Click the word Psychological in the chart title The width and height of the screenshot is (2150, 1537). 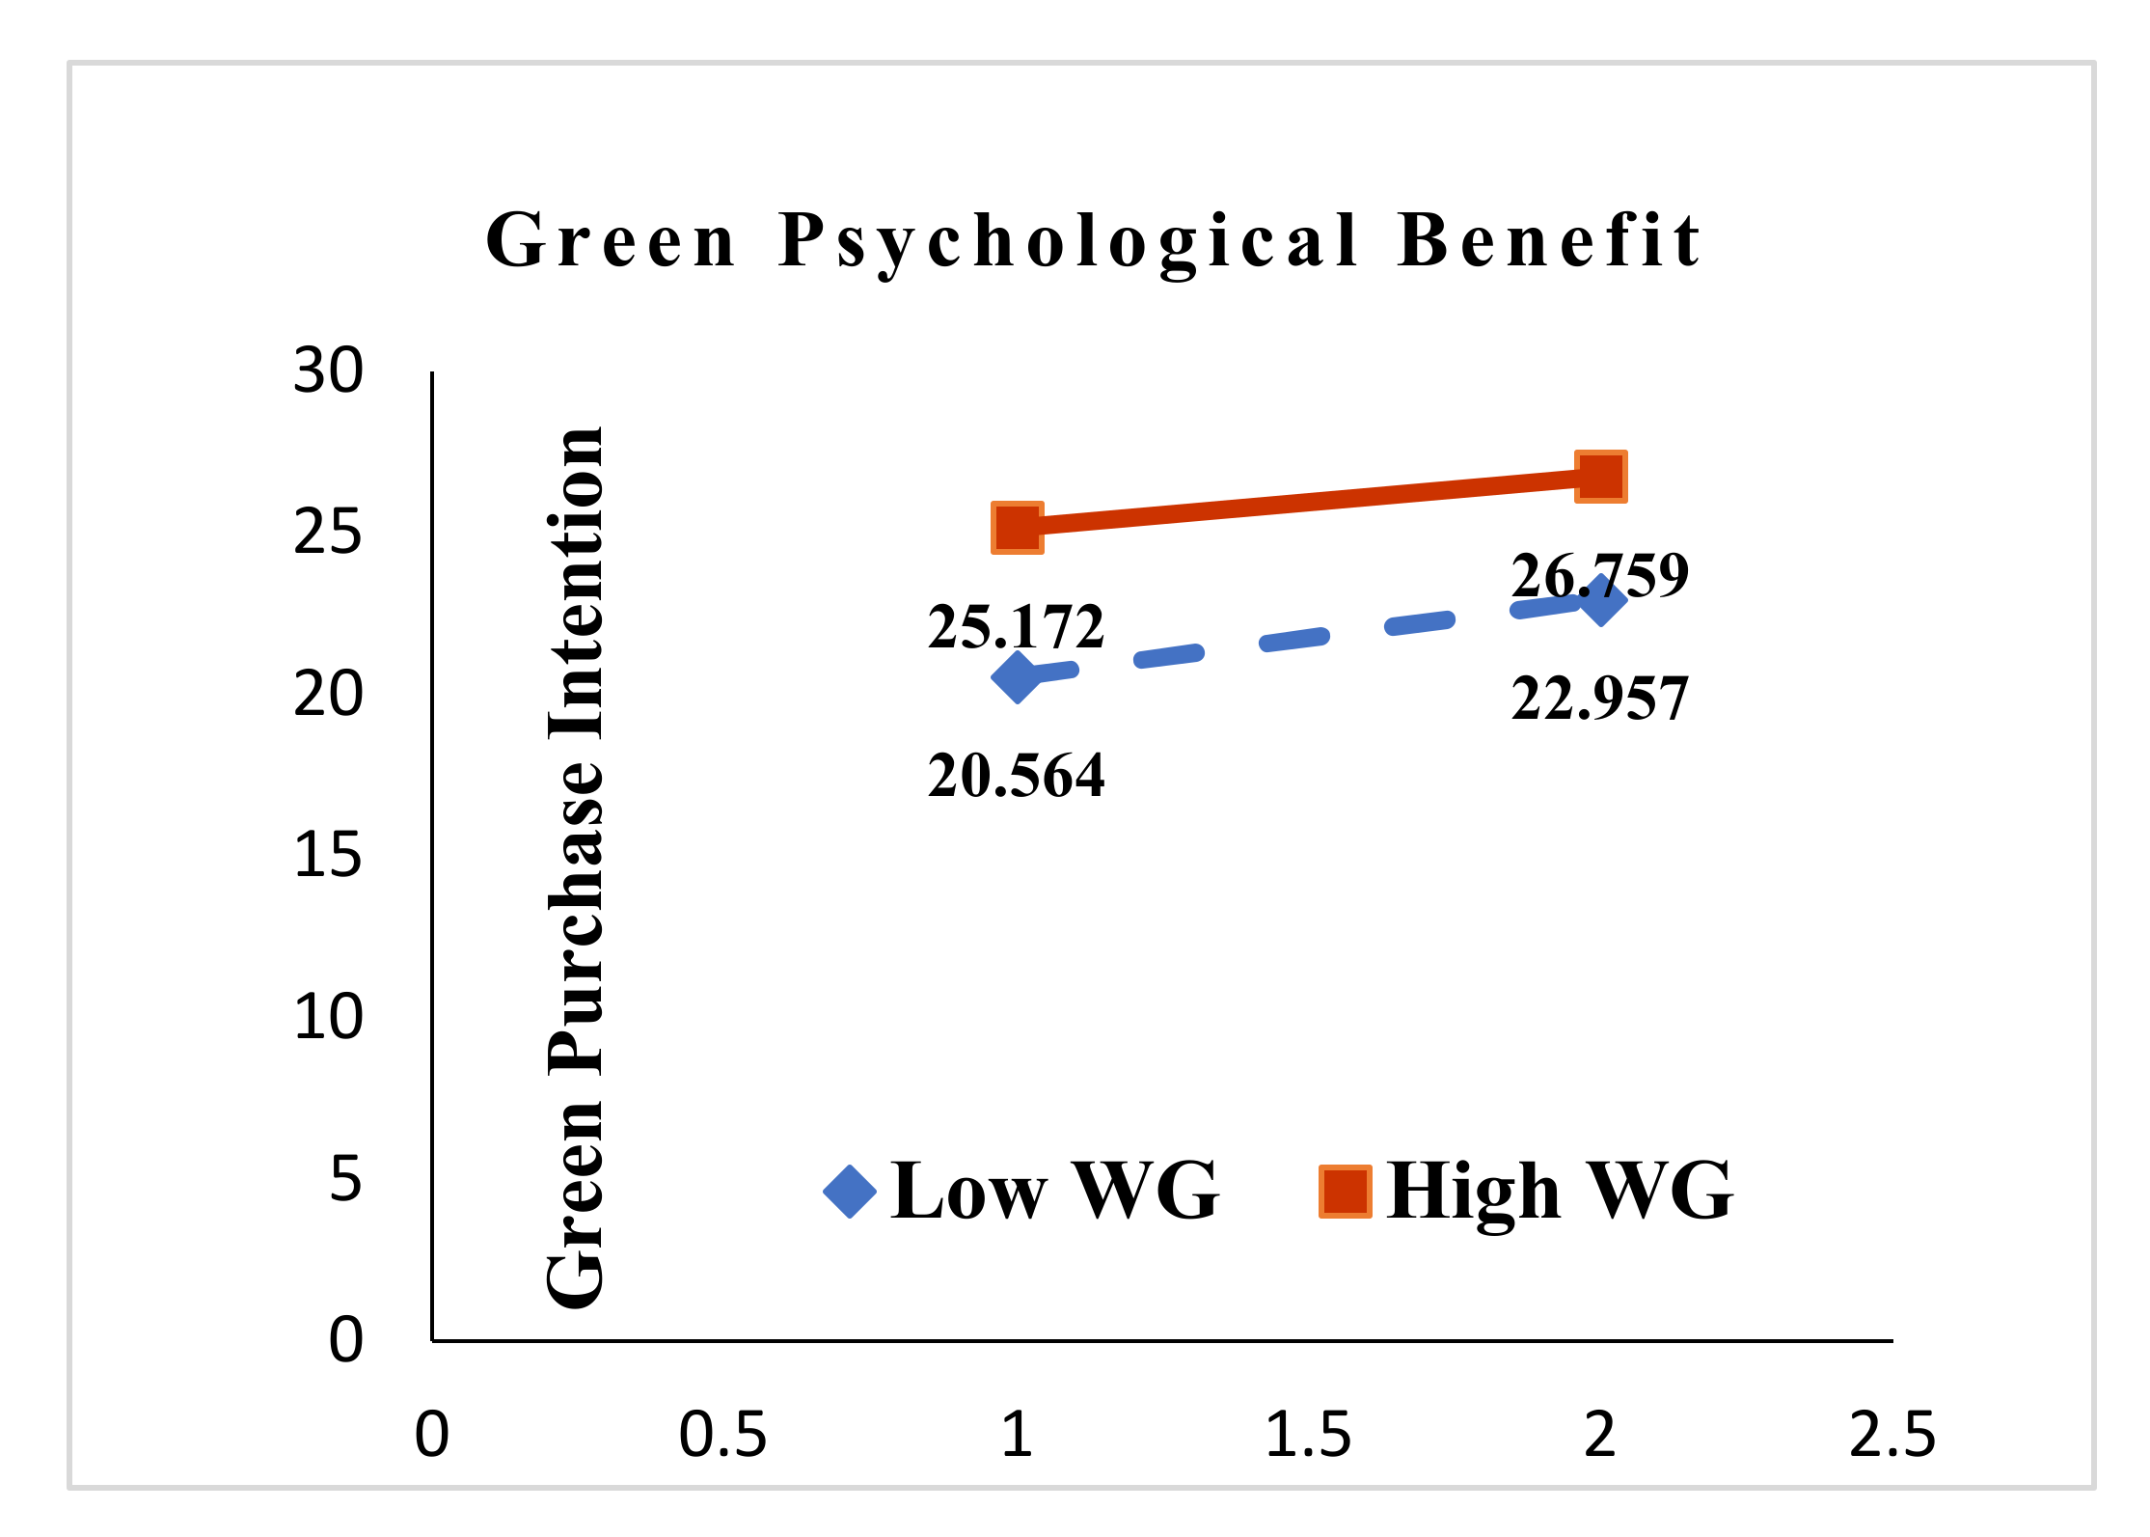coord(1069,241)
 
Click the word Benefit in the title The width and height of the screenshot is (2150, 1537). coord(1549,241)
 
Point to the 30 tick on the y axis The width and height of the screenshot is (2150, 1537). coord(328,371)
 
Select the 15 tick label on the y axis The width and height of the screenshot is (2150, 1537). coord(328,856)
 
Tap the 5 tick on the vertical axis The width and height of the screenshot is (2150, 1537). coord(345,1179)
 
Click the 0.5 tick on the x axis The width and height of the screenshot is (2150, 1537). coord(722,1435)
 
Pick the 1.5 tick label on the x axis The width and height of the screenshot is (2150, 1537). coord(1308,1435)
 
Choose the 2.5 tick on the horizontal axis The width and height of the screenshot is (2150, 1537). coord(1891,1435)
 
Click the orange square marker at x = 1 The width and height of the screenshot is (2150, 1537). coord(1018,528)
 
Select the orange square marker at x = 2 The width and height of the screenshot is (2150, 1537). coord(1601,477)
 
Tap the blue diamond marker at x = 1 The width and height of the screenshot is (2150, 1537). coord(1017,676)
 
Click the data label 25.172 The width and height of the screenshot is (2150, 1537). coord(1016,627)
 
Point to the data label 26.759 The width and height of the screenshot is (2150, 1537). coord(1599,576)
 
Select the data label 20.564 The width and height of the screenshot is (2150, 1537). coord(1016,776)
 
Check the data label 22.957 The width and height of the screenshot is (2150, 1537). coord(1599,699)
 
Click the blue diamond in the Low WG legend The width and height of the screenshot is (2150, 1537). coord(850,1192)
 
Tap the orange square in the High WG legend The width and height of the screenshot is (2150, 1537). coord(1346,1192)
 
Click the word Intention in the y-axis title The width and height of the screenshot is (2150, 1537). coord(577,584)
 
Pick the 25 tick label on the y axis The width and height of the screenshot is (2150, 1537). coord(328,533)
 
